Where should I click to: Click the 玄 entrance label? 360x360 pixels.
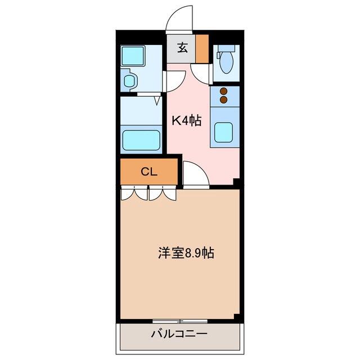coord(183,48)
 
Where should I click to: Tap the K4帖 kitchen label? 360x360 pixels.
coord(187,121)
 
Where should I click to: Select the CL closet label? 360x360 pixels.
coord(149,172)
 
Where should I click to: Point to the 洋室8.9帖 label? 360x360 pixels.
coord(186,253)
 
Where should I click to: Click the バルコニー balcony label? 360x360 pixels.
coord(179,334)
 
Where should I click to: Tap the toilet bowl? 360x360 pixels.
coord(226,62)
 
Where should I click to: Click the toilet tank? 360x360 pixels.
coord(226,48)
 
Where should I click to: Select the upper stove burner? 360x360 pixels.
coord(224,91)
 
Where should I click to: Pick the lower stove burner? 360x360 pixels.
coord(224,100)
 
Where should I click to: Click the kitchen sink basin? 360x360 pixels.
coord(224,132)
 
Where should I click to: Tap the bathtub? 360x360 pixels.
coord(141,140)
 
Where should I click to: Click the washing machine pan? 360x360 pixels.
coord(133,56)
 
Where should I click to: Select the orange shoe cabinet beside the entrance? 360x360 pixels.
coord(202,49)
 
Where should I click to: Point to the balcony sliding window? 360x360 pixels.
coord(180,321)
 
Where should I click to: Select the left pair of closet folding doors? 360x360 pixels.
coord(134,193)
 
